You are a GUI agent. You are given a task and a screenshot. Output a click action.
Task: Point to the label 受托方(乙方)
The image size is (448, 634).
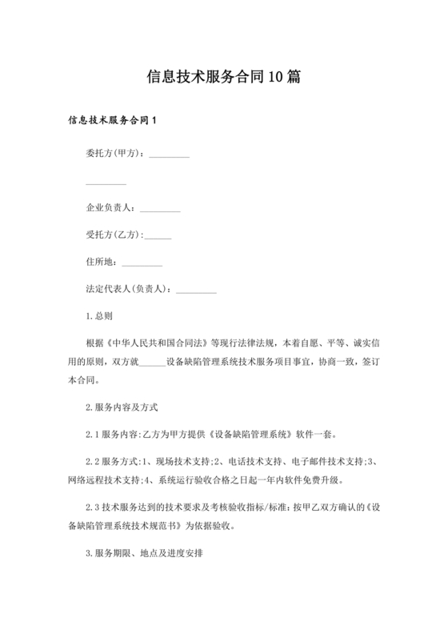coord(114,235)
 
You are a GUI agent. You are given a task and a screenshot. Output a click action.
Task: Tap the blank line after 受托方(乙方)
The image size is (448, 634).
coord(158,236)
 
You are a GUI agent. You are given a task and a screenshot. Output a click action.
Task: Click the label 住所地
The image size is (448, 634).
coord(101,261)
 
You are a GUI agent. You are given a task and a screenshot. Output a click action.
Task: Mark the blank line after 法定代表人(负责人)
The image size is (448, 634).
coord(195,291)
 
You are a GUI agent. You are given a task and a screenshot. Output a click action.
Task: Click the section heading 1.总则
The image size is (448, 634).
coord(99,315)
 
